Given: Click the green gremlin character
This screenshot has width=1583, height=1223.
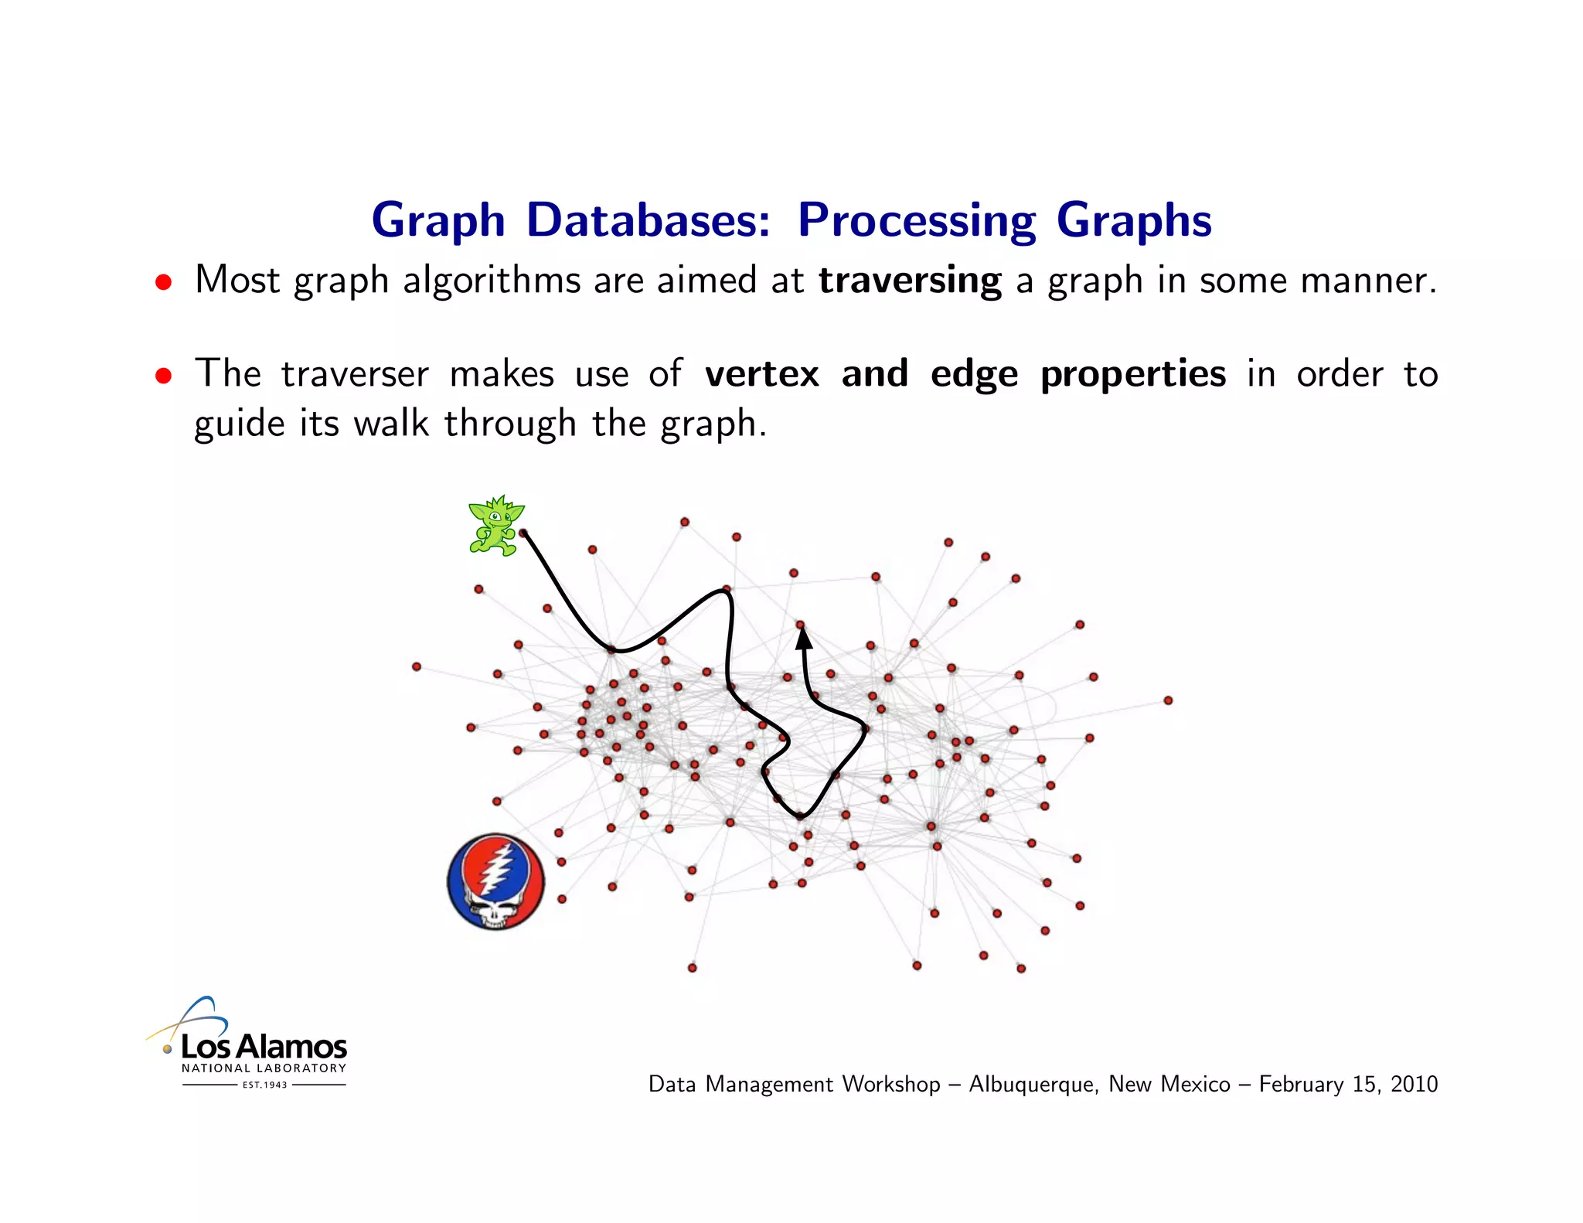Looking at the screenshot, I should pos(495,526).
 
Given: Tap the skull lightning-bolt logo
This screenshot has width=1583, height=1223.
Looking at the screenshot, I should pos(495,881).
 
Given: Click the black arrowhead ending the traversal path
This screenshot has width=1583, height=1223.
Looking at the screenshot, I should pos(804,638).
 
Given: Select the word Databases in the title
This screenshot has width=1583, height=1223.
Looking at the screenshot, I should pos(648,220).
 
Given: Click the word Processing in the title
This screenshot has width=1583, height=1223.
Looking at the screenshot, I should pos(916,221).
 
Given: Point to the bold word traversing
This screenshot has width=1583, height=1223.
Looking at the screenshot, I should pos(910,280).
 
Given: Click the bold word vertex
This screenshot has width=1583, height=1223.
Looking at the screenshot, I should pos(761,374).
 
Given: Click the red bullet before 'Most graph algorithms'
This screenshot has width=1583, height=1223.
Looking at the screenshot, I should pos(162,282).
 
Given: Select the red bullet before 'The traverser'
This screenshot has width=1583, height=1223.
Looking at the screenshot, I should pos(162,376).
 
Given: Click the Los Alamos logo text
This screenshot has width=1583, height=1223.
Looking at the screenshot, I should pos(264,1047).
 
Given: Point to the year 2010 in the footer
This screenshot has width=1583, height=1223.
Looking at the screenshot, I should pos(1414,1084).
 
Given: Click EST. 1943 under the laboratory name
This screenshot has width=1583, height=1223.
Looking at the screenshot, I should pos(264,1085).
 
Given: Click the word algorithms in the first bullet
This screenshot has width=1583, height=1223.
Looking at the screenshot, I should pos(492,280).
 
